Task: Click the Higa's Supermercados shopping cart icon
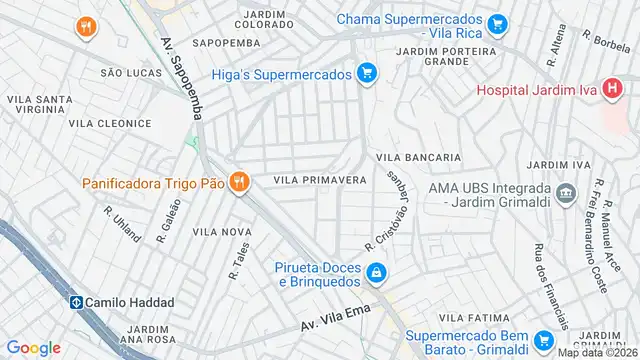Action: coord(367,73)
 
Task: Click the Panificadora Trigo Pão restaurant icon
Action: coord(238,182)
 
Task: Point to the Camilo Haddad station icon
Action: coord(75,302)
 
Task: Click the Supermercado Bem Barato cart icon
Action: coord(545,339)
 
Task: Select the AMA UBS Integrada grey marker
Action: coord(566,191)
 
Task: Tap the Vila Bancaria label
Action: coord(418,157)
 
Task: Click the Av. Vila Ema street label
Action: coord(335,319)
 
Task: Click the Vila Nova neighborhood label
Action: coord(222,231)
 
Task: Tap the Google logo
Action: coord(33,347)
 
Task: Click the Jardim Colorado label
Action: coord(265,19)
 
